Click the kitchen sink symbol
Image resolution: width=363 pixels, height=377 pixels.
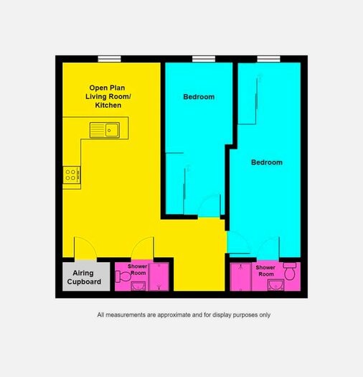point(105,130)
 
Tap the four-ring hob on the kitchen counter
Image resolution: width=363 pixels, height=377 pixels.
point(72,175)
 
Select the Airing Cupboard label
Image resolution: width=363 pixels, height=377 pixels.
point(84,277)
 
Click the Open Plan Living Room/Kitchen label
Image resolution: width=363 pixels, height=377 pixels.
point(108,96)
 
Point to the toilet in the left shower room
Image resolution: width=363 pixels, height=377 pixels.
point(123,276)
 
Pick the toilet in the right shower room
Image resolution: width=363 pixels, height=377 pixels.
point(290,271)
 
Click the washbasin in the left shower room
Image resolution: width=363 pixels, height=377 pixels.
point(138,286)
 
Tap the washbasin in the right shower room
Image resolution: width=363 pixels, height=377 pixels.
point(275,285)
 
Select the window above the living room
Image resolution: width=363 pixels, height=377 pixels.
point(109,59)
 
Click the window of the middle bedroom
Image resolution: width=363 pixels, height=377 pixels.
point(204,59)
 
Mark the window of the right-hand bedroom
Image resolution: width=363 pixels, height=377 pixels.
point(268,59)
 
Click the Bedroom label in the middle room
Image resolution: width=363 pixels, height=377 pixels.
point(199,97)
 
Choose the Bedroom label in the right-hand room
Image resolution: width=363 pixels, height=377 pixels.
point(267,162)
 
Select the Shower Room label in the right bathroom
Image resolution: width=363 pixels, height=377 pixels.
point(265,271)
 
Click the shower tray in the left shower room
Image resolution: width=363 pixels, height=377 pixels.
point(159,277)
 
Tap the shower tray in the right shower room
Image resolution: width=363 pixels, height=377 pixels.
point(241,276)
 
